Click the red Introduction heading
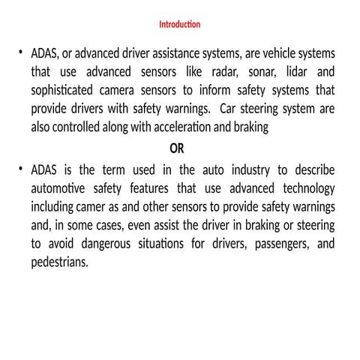(x=179, y=25)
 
